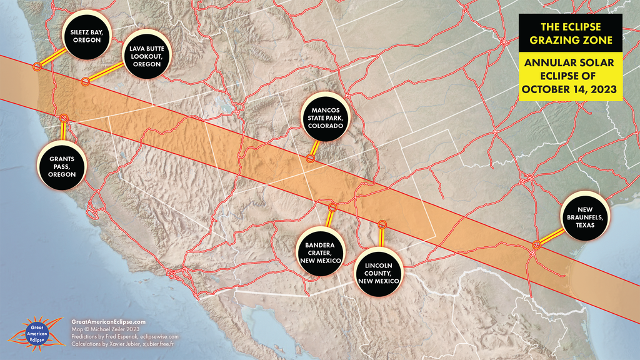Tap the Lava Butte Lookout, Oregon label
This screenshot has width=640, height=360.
146,56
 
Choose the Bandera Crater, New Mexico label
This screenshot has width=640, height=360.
319,251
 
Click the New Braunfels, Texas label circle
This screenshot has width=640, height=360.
585,216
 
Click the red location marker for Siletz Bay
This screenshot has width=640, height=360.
37,66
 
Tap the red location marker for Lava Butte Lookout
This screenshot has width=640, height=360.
86,81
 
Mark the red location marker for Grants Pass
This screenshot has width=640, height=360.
63,118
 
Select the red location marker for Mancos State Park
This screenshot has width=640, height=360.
310,159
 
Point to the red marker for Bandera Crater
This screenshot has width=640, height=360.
333,207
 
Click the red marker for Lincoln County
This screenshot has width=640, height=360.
382,224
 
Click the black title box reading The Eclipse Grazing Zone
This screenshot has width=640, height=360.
571,34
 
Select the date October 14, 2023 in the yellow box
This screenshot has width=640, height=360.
570,89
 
